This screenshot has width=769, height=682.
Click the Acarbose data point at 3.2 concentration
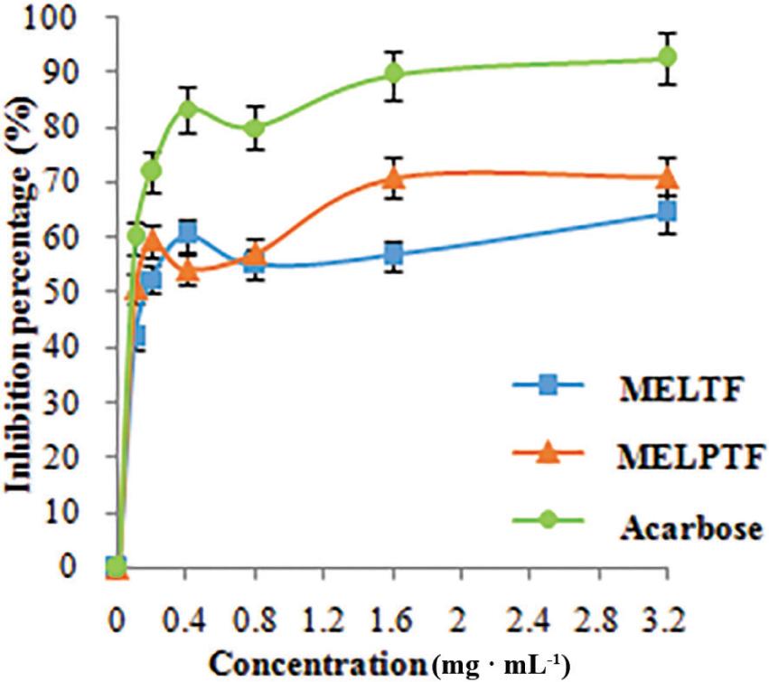point(667,57)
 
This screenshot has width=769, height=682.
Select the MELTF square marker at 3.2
point(667,211)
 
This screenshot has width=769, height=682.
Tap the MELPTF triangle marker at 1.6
point(393,177)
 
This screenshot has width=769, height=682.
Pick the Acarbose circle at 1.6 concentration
point(393,73)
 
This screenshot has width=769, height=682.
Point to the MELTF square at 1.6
point(393,254)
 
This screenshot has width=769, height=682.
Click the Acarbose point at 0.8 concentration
point(255,128)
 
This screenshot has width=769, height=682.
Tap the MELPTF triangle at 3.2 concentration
point(667,177)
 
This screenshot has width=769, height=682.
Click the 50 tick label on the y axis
point(74,292)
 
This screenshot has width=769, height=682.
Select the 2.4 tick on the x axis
point(530,623)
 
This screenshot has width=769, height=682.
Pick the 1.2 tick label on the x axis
point(324,623)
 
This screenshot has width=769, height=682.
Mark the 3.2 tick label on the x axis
point(667,623)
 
